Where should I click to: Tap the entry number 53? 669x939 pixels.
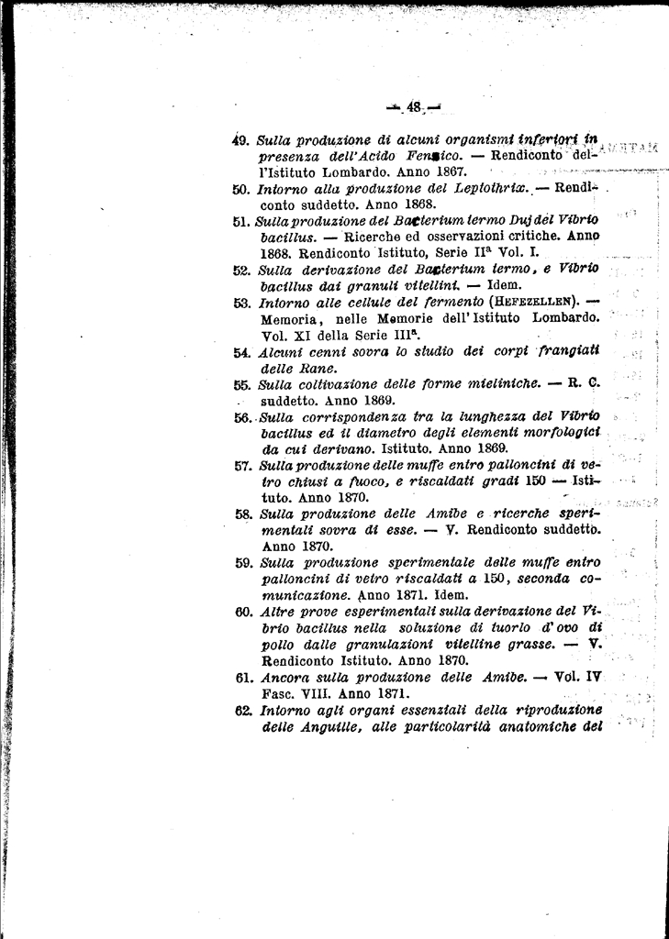(242, 304)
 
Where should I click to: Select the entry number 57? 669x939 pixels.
(243, 465)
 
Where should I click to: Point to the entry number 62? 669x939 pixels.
(244, 710)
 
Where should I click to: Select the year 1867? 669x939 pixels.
(448, 171)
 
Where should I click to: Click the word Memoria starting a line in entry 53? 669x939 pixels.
(290, 319)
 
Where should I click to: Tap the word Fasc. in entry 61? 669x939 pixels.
(278, 694)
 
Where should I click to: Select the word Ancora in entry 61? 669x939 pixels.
(283, 678)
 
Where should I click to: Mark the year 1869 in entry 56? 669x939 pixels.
(485, 449)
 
